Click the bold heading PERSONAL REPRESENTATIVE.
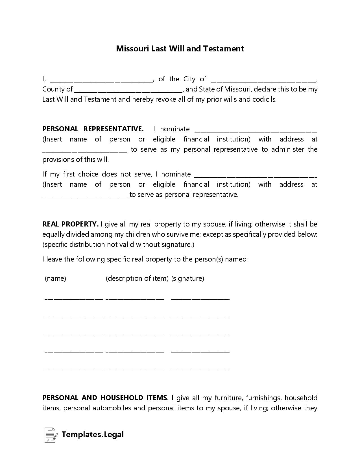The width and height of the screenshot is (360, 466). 93,129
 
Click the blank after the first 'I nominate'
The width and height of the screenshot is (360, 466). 256,130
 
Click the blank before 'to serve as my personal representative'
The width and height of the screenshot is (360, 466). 85,151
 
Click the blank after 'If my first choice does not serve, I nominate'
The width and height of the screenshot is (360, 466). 256,176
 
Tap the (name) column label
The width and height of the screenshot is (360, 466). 55,278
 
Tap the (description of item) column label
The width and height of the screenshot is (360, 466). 137,278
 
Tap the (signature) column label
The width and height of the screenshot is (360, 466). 187,278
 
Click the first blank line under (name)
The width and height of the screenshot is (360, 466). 74,298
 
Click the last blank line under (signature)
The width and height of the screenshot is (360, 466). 200,369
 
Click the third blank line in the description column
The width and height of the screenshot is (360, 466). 135,334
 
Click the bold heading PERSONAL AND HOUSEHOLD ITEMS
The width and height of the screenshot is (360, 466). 105,398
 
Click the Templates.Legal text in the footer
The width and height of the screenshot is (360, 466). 93,434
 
